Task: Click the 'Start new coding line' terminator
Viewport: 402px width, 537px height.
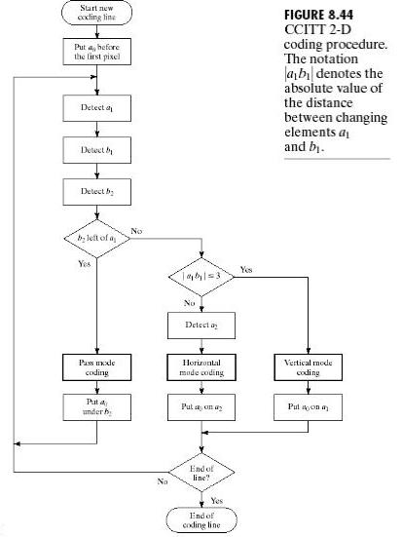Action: pyautogui.click(x=96, y=13)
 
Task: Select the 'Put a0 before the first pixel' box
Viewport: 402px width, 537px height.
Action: pyautogui.click(x=96, y=52)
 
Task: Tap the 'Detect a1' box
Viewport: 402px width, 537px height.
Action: pyautogui.click(x=96, y=108)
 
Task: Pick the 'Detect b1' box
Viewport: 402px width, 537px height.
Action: pyautogui.click(x=96, y=150)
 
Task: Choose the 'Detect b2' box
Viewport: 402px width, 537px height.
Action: pyautogui.click(x=96, y=192)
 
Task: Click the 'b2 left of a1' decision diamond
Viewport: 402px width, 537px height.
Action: pyautogui.click(x=97, y=239)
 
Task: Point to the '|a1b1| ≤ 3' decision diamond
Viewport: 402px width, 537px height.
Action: pyautogui.click(x=201, y=277)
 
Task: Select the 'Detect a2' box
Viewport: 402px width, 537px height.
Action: pyautogui.click(x=201, y=326)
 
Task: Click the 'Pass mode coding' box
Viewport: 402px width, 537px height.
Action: pyautogui.click(x=96, y=367)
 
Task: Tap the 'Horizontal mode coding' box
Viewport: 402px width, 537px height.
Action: pyautogui.click(x=201, y=367)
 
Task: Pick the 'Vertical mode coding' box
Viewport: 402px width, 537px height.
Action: pyautogui.click(x=308, y=367)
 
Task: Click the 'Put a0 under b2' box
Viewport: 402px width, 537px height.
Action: pyautogui.click(x=96, y=407)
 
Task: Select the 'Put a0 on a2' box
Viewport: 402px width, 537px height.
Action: pyautogui.click(x=201, y=407)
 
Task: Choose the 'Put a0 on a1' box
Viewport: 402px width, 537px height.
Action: pyautogui.click(x=308, y=407)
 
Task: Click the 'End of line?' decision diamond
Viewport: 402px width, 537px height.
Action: pyautogui.click(x=201, y=473)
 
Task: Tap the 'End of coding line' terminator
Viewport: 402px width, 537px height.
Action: pyautogui.click(x=201, y=519)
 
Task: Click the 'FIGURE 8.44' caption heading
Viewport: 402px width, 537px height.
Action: pyautogui.click(x=319, y=15)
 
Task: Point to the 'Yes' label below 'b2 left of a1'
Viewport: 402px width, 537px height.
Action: pyautogui.click(x=84, y=264)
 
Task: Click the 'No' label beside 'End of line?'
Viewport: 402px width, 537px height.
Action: pyautogui.click(x=163, y=481)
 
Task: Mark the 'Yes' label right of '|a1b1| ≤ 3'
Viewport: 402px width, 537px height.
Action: pyautogui.click(x=246, y=270)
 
